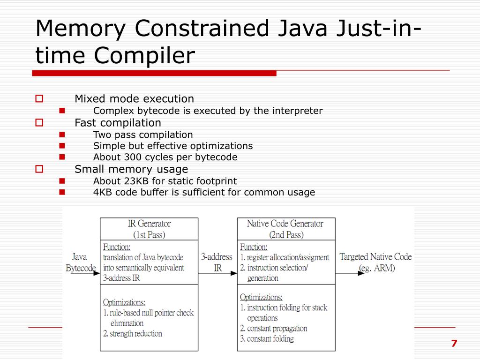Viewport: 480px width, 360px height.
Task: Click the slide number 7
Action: coord(454,343)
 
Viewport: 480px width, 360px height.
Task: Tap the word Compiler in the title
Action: coord(144,56)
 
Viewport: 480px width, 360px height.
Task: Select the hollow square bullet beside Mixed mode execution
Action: coord(39,99)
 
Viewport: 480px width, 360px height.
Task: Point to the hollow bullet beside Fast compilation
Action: coord(39,123)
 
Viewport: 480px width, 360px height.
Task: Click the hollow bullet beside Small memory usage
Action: coord(39,169)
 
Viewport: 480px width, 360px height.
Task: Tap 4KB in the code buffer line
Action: coord(103,192)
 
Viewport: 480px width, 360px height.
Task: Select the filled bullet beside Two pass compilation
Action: coord(62,135)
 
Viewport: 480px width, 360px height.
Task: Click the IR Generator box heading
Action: coord(149,229)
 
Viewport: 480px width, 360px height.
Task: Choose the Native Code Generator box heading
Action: coord(286,229)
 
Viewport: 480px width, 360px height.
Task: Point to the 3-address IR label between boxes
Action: coord(217,262)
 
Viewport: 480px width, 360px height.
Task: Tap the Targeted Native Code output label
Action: coord(376,262)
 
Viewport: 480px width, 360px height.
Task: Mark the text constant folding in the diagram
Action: coord(270,338)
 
